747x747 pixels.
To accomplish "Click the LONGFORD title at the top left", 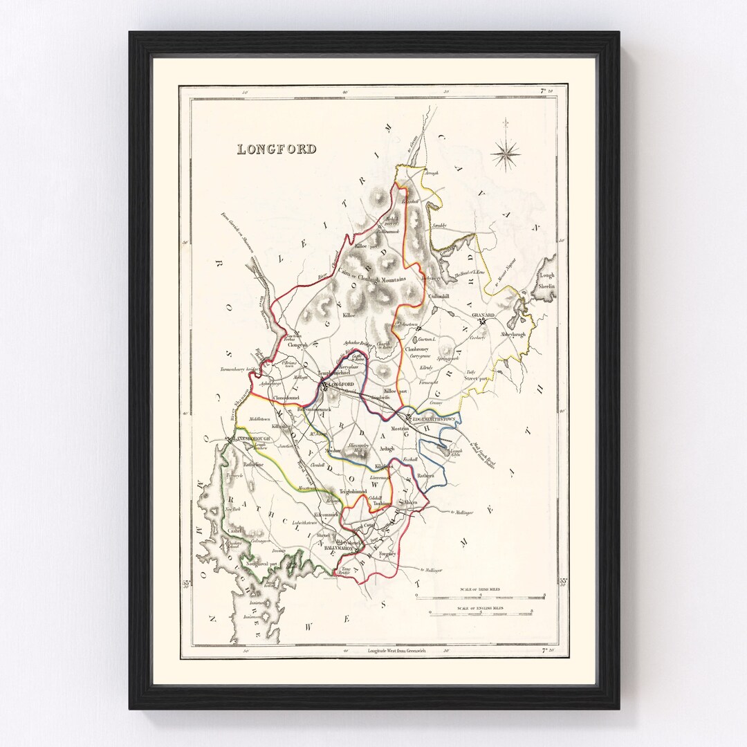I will pyautogui.click(x=277, y=149).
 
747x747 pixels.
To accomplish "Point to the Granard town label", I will pyautogui.click(x=484, y=315).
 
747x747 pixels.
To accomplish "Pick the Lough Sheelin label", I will pyautogui.click(x=547, y=279).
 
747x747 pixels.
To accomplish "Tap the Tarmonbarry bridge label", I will pyautogui.click(x=239, y=370).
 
